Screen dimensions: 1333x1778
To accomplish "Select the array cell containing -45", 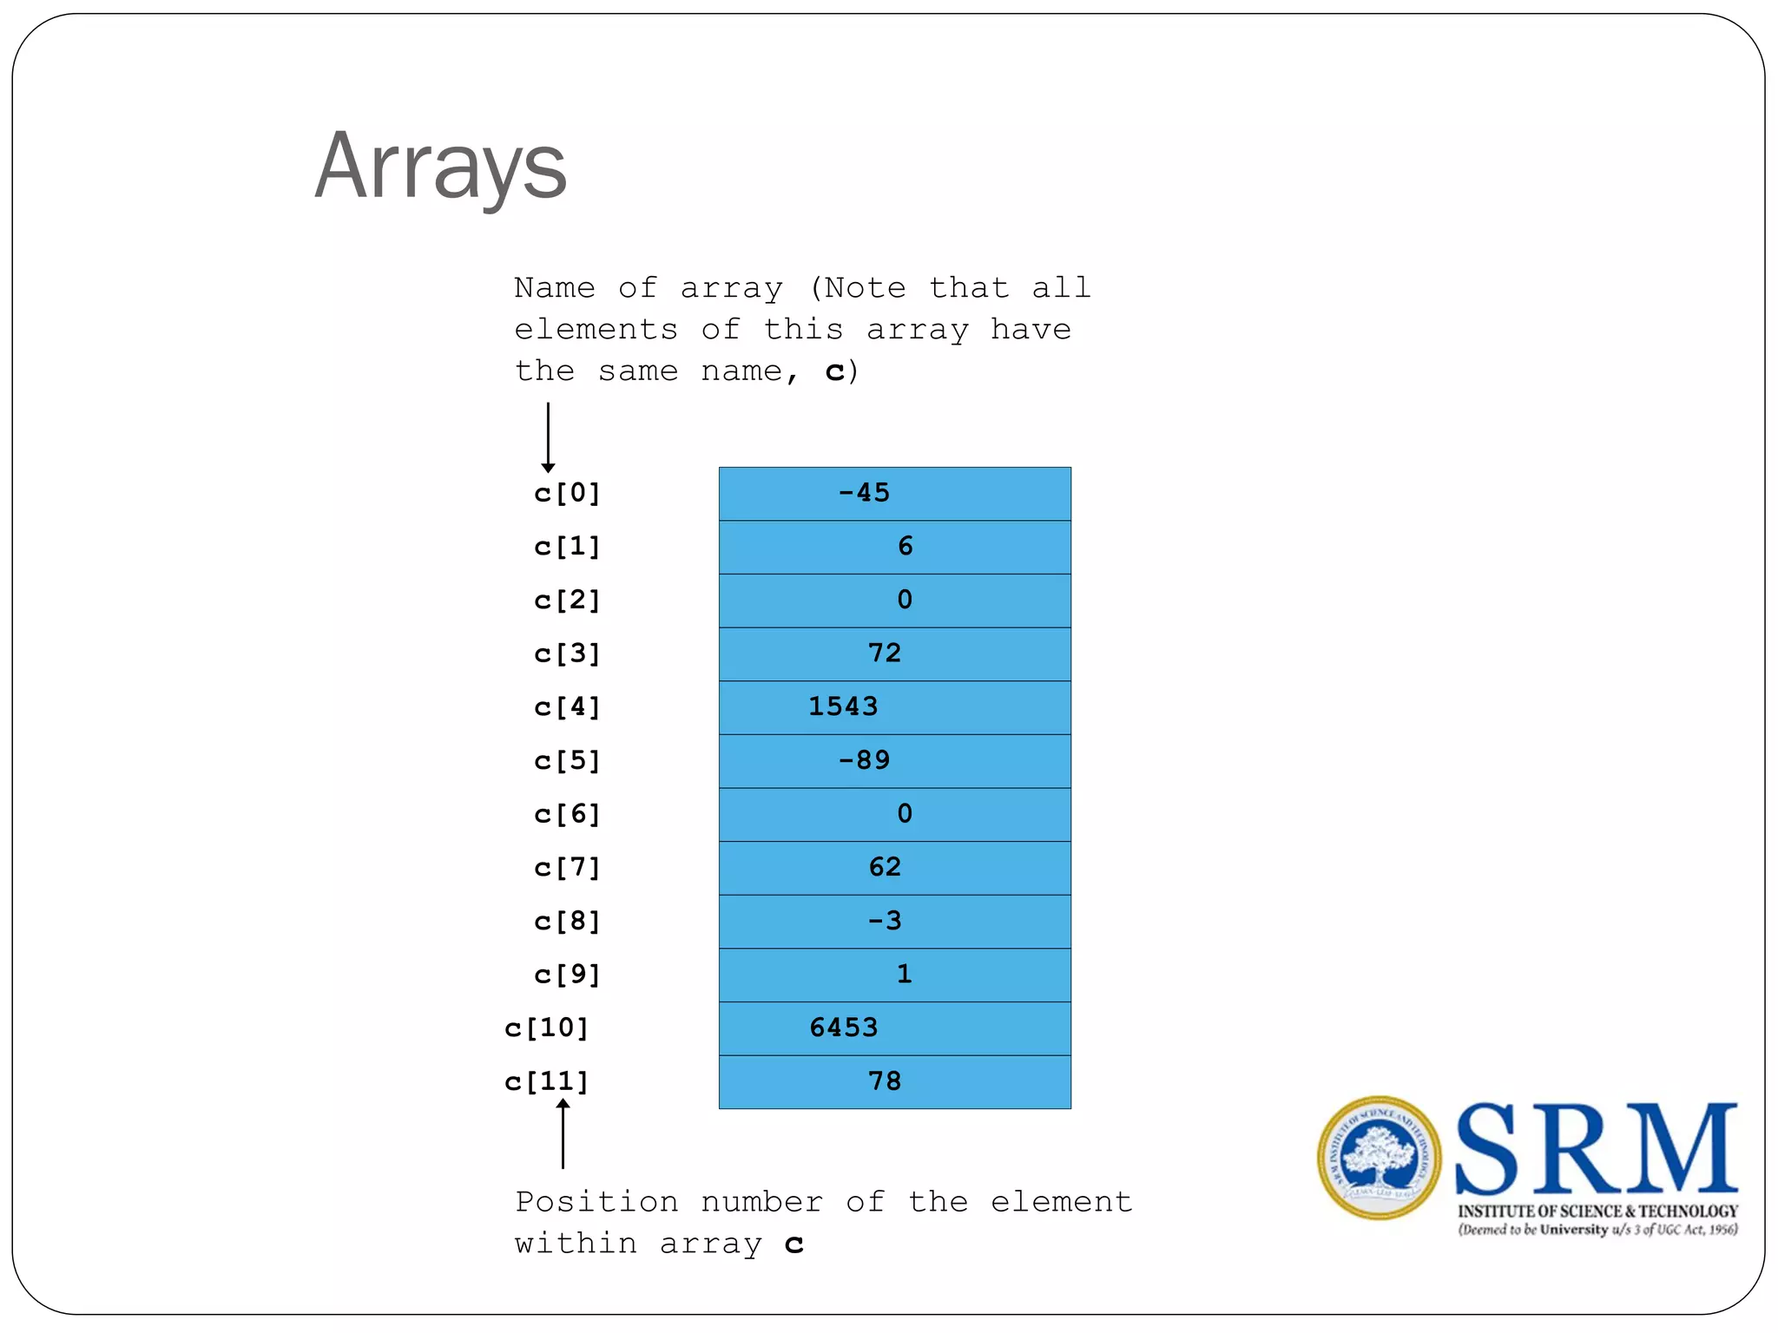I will pyautogui.click(x=894, y=494).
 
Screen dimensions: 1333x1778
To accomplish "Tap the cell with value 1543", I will pyautogui.click(x=894, y=707).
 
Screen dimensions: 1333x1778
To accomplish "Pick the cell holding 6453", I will pyautogui.click(x=894, y=1028).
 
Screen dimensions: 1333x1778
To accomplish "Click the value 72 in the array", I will pyautogui.click(x=886, y=653).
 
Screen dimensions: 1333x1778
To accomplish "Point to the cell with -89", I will pyautogui.click(x=894, y=761).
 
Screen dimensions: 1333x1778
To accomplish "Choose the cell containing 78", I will pyautogui.click(x=894, y=1082).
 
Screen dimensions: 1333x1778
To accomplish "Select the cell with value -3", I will pyautogui.click(x=894, y=922).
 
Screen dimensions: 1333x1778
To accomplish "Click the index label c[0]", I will pyautogui.click(x=567, y=494).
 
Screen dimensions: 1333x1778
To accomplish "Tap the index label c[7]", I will pyautogui.click(x=567, y=868).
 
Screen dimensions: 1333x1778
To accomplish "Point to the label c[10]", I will pyautogui.click(x=547, y=1028).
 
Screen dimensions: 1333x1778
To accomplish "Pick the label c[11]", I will pyautogui.click(x=547, y=1082).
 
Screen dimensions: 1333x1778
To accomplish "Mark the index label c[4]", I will pyautogui.click(x=567, y=707).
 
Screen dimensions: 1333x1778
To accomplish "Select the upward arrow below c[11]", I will pyautogui.click(x=563, y=1133).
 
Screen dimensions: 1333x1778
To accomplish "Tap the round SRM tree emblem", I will pyautogui.click(x=1379, y=1158).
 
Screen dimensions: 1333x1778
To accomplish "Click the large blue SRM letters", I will pyautogui.click(x=1596, y=1149).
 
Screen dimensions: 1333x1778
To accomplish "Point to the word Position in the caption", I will pyautogui.click(x=596, y=1203).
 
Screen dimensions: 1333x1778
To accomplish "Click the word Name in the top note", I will pyautogui.click(x=554, y=288).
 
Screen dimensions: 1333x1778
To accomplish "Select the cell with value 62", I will pyautogui.click(x=894, y=868).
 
